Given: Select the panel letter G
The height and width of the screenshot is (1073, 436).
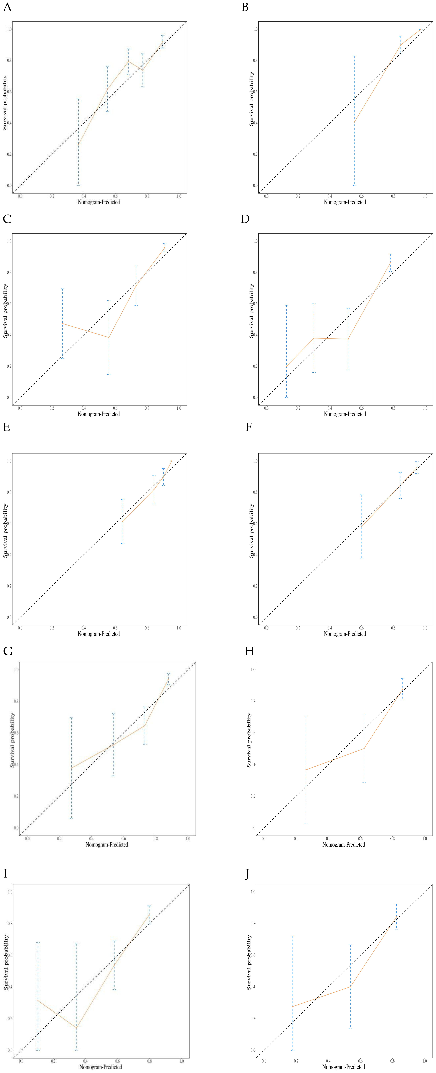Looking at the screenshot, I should click(x=7, y=651).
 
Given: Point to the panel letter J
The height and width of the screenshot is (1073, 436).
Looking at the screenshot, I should click(x=247, y=873).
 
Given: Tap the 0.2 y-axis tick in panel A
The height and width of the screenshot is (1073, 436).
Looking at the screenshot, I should click(x=9, y=154).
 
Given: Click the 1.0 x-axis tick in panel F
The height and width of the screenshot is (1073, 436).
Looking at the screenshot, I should click(x=425, y=627).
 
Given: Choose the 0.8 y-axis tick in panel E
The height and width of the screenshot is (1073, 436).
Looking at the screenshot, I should click(x=9, y=492).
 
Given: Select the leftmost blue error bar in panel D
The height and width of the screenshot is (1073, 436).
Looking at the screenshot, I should click(x=286, y=351).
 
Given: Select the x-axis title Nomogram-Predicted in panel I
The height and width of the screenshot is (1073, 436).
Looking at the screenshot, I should click(x=101, y=1067).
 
